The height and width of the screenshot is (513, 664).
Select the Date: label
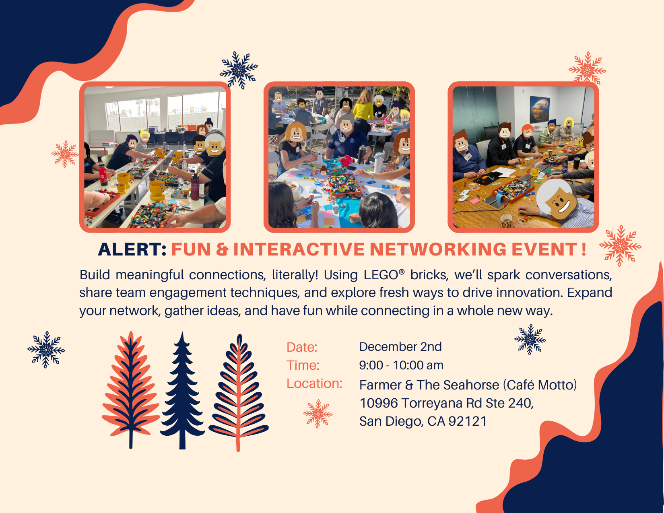tap(302, 347)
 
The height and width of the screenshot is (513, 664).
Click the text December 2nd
tap(400, 347)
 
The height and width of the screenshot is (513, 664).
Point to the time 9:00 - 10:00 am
tap(401, 365)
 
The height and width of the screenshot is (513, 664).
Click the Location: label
tap(314, 383)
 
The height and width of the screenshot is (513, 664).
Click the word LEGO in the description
tap(381, 275)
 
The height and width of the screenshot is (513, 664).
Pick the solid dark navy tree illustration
tap(182, 392)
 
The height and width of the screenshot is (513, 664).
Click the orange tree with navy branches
tap(131, 390)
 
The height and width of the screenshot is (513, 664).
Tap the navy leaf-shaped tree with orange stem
tap(239, 392)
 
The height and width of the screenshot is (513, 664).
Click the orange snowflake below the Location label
tap(318, 414)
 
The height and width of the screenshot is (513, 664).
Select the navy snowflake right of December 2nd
tap(530, 339)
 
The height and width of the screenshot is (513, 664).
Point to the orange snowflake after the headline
tap(620, 245)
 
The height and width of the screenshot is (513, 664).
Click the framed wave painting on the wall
tap(539, 109)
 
